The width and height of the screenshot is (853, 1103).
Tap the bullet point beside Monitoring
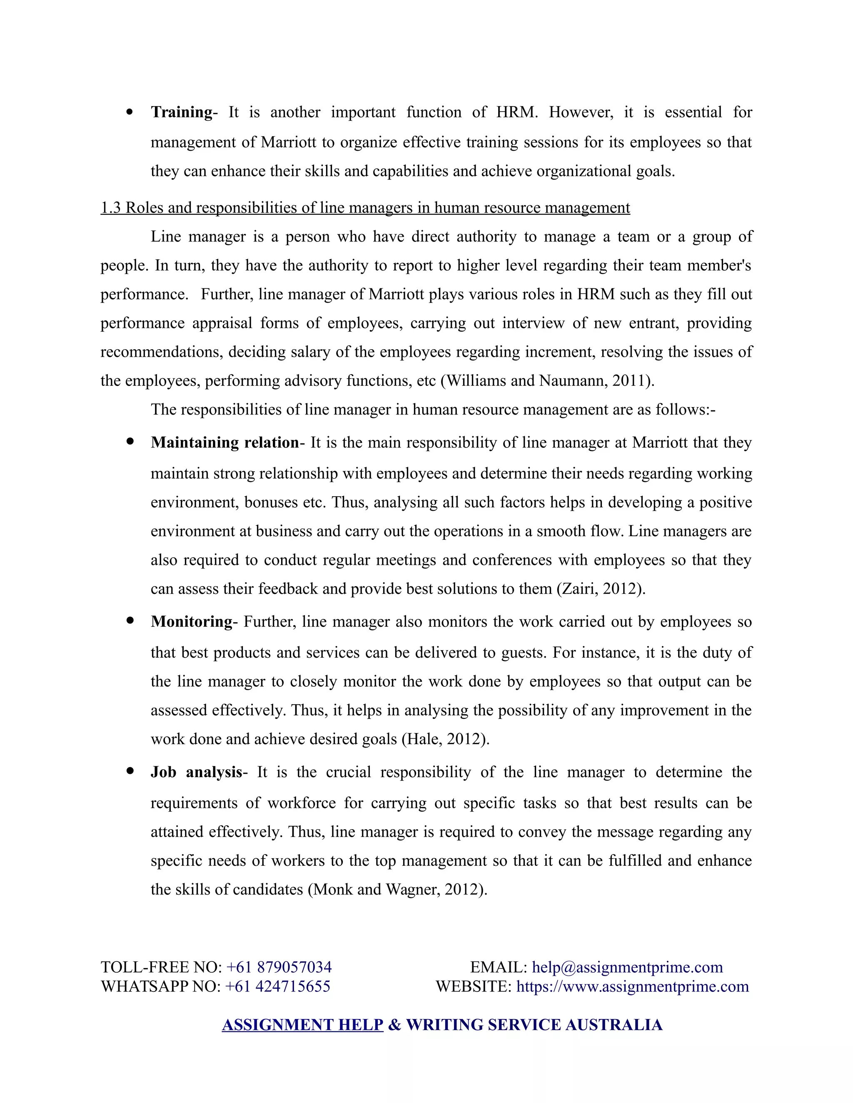[130, 621]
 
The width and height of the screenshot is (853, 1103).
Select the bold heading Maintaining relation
[225, 442]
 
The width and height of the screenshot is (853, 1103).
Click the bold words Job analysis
[197, 772]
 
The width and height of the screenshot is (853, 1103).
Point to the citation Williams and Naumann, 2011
[547, 380]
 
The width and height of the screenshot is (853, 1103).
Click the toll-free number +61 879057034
[279, 967]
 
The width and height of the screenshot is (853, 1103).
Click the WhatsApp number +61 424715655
[277, 986]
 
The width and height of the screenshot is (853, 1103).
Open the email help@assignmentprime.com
[627, 967]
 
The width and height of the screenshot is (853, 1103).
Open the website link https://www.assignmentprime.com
[632, 986]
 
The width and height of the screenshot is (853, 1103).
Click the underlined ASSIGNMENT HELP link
[302, 1025]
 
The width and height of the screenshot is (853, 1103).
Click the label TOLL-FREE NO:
[161, 967]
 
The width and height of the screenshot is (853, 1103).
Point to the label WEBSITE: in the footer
[474, 986]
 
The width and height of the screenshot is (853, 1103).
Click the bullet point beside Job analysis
[130, 771]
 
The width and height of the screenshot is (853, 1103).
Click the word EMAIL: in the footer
[498, 967]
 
